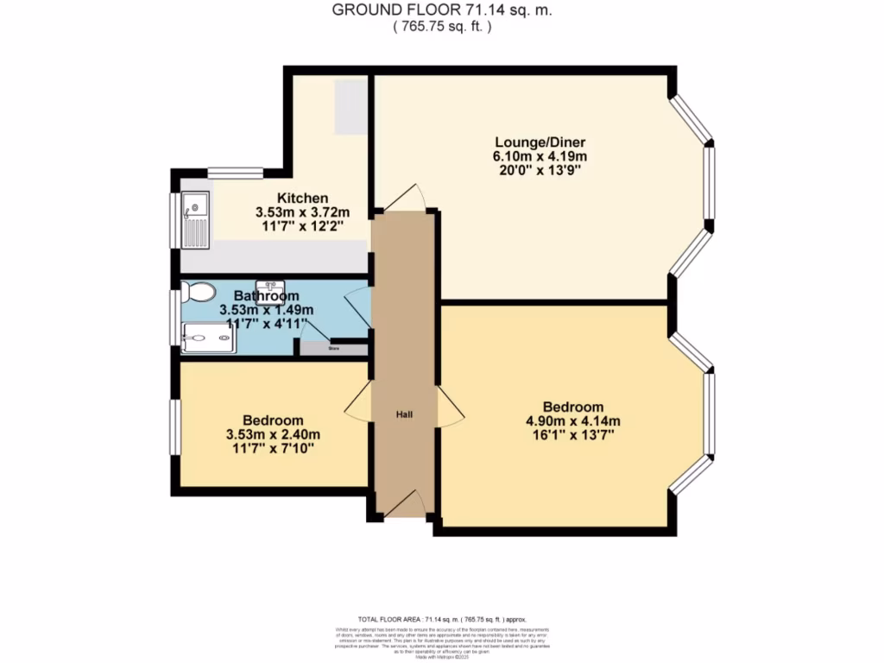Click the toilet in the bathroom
199,293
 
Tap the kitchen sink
193,218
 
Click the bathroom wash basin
271,286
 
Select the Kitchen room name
302,197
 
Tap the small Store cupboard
332,349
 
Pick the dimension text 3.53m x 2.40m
273,434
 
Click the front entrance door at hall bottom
403,505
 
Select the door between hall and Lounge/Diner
403,199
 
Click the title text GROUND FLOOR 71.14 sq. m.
442,10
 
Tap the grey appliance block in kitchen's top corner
351,107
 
